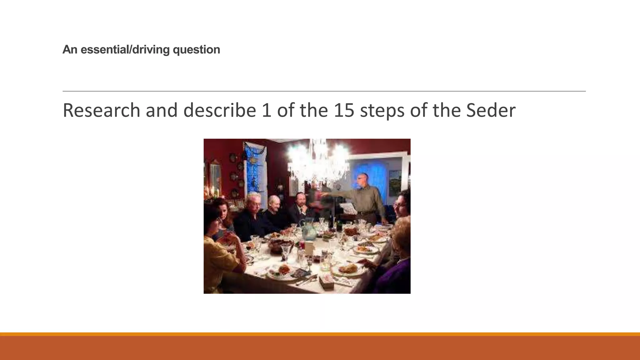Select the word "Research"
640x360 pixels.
click(x=102, y=110)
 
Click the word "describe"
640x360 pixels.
click(x=219, y=110)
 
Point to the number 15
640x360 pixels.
click(x=344, y=110)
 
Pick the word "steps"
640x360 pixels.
click(x=382, y=110)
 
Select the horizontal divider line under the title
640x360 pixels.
click(x=324, y=91)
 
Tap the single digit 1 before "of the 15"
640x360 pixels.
click(x=266, y=110)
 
